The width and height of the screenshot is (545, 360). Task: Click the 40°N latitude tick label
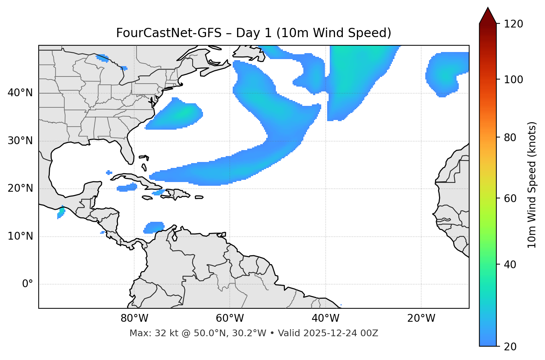pos(20,93)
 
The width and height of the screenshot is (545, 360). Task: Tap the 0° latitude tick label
pos(28,284)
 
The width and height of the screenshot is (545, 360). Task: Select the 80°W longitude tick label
pos(134,318)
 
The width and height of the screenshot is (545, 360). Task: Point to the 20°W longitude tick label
pos(421,318)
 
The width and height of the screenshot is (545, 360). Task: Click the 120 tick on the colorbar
pos(514,24)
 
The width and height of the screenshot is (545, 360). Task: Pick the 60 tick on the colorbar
pos(511,198)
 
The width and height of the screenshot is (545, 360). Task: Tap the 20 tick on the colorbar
pos(511,347)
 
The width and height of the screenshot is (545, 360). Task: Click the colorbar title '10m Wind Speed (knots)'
pos(532,185)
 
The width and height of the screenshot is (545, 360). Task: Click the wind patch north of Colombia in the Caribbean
pos(154,227)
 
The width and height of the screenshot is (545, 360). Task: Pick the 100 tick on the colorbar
pos(514,80)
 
